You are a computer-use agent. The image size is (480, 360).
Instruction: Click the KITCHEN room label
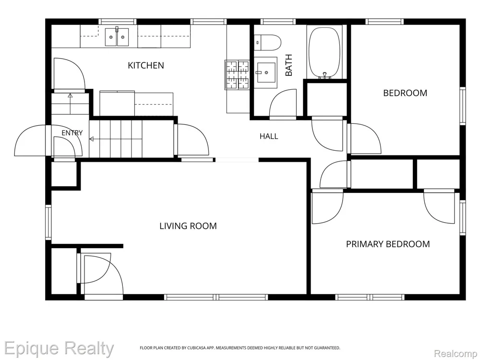(x=146, y=65)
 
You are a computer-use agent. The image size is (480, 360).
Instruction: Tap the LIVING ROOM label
(x=188, y=226)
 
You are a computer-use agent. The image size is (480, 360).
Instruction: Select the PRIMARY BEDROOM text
(x=388, y=244)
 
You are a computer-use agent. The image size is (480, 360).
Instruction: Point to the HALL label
(x=269, y=136)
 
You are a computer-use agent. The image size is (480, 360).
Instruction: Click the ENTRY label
(x=72, y=133)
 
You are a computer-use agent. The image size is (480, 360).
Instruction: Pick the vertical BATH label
(x=288, y=65)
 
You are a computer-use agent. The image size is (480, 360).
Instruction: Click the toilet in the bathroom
(x=267, y=43)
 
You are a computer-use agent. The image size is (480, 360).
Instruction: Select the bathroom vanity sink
(x=266, y=72)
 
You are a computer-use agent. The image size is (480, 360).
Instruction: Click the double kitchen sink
(x=117, y=37)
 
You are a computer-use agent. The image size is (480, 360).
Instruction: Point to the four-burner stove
(x=238, y=75)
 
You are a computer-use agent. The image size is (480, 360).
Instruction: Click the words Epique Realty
(x=59, y=348)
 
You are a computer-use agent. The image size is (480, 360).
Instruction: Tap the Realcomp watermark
(x=456, y=354)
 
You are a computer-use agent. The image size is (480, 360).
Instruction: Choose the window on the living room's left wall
(x=48, y=222)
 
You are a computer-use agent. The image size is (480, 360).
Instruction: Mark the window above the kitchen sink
(x=117, y=22)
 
